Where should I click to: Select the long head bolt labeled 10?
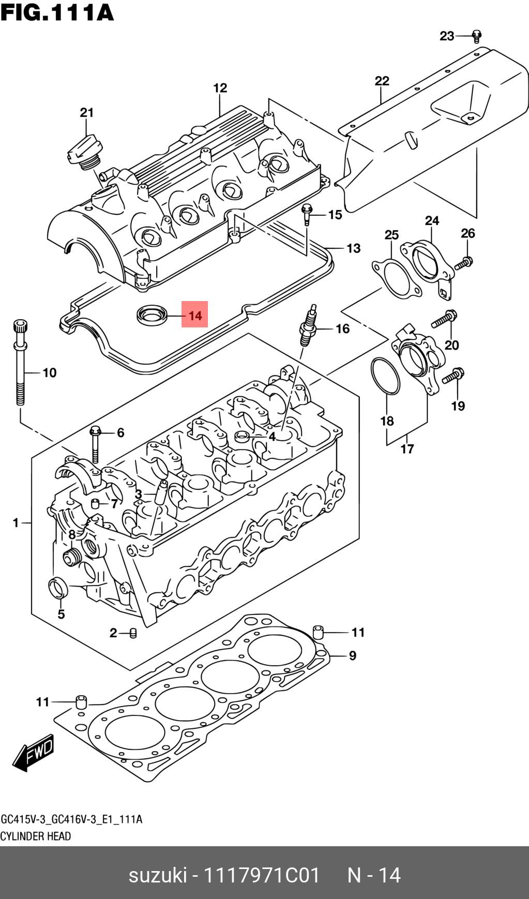point(20,362)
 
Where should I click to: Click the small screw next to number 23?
point(477,36)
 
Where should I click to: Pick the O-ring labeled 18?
point(385,376)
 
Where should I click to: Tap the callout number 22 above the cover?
point(382,81)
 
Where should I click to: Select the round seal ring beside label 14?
point(152,314)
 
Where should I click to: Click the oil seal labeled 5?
point(58,588)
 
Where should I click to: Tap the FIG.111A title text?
point(57,12)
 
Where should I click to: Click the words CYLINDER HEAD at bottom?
point(35,836)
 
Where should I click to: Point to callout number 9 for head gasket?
point(353,656)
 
